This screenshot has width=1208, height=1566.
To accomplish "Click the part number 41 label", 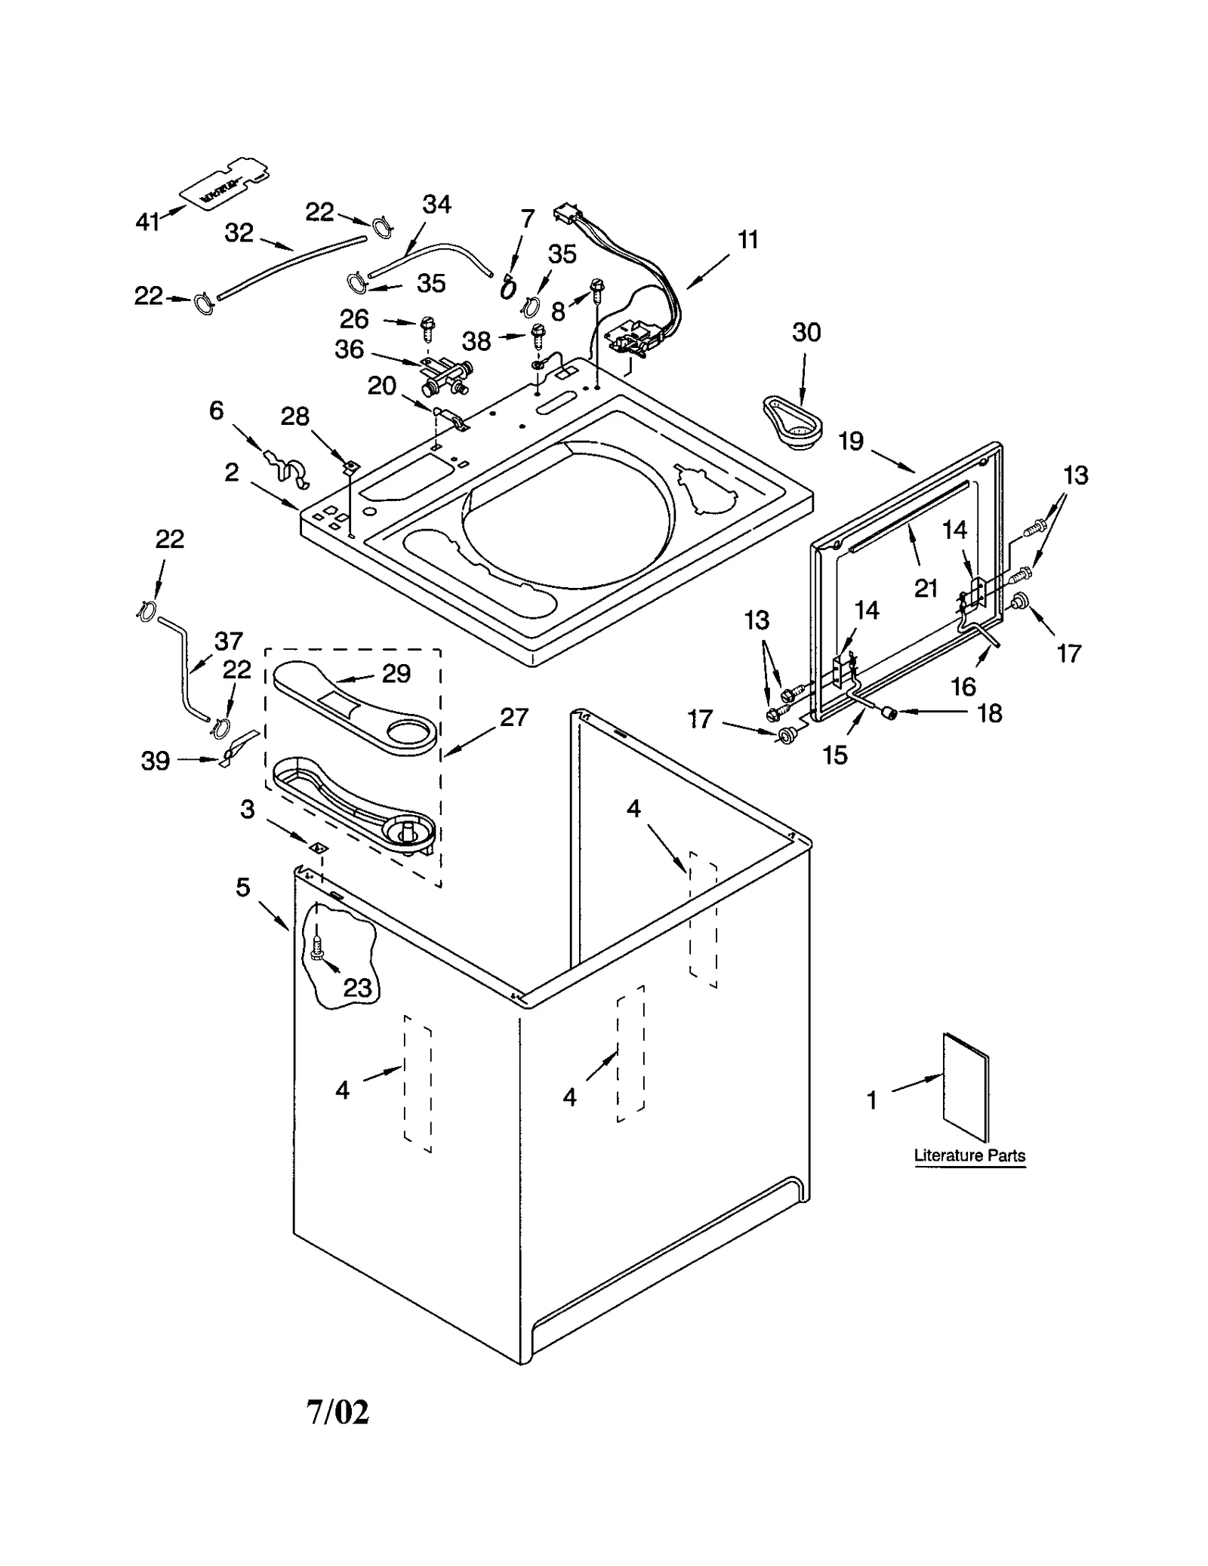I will tap(147, 221).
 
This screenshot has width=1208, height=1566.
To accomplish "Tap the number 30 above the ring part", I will tap(806, 332).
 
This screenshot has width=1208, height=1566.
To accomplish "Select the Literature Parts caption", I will tap(969, 1155).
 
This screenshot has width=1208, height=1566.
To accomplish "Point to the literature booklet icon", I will tap(965, 1088).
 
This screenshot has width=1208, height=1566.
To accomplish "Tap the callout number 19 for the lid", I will tap(851, 441).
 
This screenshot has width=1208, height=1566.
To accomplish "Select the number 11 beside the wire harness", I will tap(747, 240).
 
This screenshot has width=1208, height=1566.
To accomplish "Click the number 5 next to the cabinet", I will tap(242, 887).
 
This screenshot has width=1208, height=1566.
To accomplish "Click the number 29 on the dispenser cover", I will tap(396, 673).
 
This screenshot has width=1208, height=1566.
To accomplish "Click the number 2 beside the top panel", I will tap(231, 472).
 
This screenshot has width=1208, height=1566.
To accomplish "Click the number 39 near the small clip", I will tap(156, 761).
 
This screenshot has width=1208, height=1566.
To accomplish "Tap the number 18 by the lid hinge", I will tap(989, 713).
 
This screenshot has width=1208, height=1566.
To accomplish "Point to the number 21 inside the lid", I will tap(926, 588).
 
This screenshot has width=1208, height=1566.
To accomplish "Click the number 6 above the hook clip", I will tap(216, 411).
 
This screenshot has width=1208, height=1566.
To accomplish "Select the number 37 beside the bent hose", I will tap(228, 641).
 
